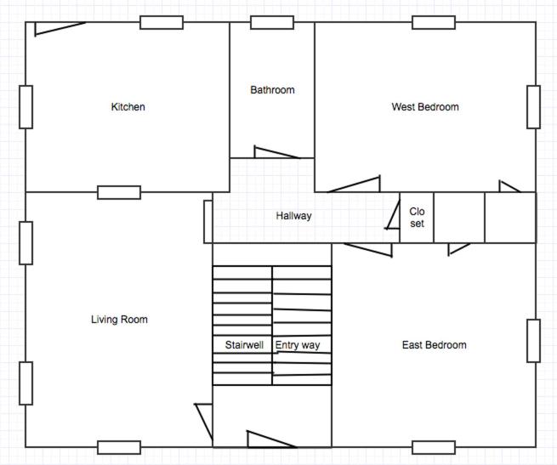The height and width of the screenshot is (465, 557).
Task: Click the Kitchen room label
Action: pos(128,107)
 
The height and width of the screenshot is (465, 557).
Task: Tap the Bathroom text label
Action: pos(272,90)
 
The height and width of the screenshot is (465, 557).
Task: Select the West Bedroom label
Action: pos(425,107)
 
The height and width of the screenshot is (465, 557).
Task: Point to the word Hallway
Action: pos(293,216)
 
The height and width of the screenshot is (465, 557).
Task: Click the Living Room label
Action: pos(119,320)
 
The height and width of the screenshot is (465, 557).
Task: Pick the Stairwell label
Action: pos(244,345)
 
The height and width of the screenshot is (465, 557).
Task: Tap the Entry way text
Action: pos(298,345)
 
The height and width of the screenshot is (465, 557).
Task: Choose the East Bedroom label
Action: pos(434,345)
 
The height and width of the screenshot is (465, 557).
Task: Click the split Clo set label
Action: pos(417,218)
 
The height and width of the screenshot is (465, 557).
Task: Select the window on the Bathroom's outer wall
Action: pos(272,22)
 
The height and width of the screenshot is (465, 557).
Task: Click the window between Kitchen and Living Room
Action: pos(119,192)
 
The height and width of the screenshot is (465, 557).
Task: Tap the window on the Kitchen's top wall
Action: pos(162,22)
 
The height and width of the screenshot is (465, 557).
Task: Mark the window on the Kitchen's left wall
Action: pos(26,107)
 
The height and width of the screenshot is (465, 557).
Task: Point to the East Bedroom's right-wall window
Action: pos(533,341)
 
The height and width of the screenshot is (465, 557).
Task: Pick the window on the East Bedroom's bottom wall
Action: pos(434,448)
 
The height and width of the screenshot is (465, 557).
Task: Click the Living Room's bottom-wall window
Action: pos(119,448)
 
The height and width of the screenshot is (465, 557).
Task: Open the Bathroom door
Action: pos(276,153)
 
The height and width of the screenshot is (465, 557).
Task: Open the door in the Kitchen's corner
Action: pos(60,29)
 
